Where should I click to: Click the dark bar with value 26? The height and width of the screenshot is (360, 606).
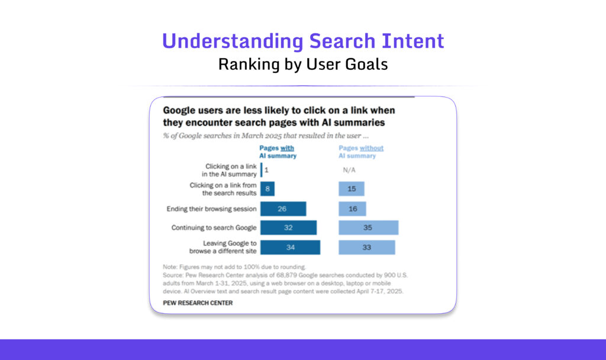point(283,209)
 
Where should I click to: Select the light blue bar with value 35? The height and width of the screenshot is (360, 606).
point(368,228)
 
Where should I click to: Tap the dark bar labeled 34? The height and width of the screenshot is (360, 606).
point(290,247)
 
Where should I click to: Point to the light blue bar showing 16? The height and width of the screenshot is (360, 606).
point(352,209)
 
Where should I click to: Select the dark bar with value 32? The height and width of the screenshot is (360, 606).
point(288,228)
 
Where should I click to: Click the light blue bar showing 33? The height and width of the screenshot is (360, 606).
point(366,247)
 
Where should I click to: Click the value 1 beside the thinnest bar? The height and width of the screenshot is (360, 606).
point(267,170)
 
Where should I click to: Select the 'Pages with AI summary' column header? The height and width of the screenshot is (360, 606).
point(278,152)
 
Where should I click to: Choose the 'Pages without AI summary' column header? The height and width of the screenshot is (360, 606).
point(360,152)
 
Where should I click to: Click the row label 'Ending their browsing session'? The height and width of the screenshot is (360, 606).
point(212,209)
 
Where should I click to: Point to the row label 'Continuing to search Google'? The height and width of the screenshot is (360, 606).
point(214,228)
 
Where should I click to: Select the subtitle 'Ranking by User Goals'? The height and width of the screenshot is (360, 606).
point(303,64)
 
